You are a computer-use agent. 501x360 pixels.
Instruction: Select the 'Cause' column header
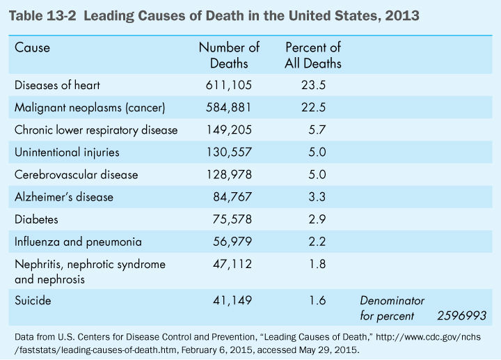coord(32,48)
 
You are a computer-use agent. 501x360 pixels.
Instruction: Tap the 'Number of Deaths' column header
coord(229,56)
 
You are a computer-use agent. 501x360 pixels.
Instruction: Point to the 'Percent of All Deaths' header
coord(313,56)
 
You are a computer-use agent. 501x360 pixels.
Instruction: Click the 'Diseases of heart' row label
coord(57,86)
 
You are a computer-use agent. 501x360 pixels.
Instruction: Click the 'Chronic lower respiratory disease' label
coord(96,130)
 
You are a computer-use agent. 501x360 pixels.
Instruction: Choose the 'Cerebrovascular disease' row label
coord(76,175)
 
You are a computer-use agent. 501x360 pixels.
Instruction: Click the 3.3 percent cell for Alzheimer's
coord(316,197)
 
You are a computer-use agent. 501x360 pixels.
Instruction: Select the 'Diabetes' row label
coord(35,219)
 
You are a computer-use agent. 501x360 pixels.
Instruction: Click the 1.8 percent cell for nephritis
coord(316,264)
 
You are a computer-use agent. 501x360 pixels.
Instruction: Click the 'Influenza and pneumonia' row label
coord(78,242)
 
